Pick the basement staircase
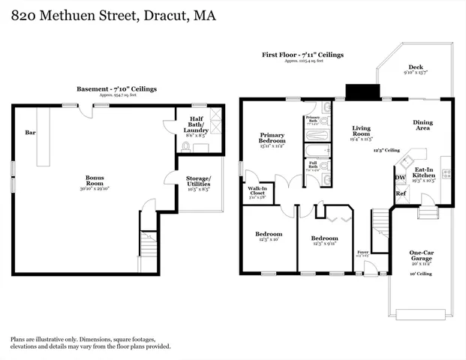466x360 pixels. pyautogui.click(x=149, y=244)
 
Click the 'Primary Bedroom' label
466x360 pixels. pyautogui.click(x=272, y=138)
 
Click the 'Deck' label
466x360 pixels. pyautogui.click(x=416, y=67)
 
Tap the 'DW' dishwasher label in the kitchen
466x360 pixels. pyautogui.click(x=400, y=177)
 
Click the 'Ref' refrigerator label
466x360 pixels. pyautogui.click(x=400, y=193)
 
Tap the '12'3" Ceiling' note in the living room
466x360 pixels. pyautogui.click(x=386, y=151)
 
